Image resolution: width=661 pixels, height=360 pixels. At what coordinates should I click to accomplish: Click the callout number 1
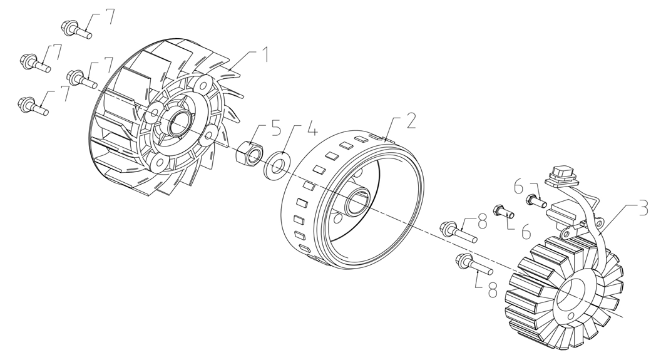click(264, 55)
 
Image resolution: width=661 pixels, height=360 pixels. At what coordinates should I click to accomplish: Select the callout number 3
click(643, 208)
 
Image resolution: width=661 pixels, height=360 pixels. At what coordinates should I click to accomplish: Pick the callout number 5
click(275, 128)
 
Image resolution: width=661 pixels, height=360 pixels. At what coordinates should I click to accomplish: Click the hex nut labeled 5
click(250, 152)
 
